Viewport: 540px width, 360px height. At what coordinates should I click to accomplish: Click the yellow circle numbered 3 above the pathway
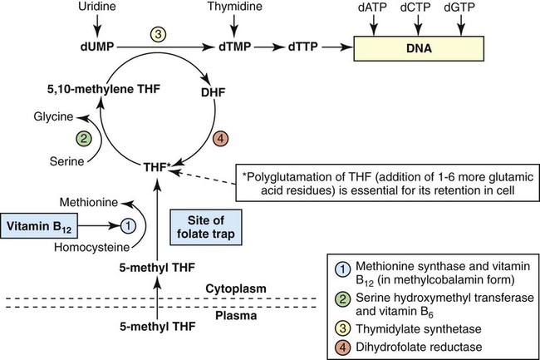(x=160, y=32)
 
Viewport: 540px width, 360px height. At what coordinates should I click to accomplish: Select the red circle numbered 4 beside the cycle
(x=220, y=137)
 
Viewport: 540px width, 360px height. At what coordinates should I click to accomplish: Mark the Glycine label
(x=52, y=117)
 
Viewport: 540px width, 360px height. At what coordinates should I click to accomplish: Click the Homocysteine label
(x=98, y=247)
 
